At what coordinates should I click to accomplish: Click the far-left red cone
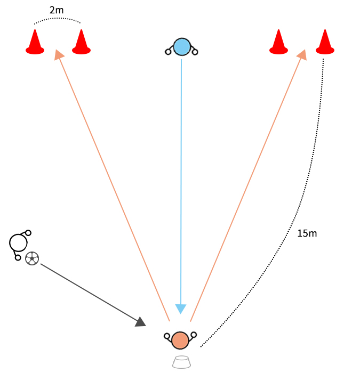click(x=35, y=43)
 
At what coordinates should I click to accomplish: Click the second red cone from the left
click(x=81, y=43)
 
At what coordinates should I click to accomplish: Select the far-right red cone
click(x=325, y=43)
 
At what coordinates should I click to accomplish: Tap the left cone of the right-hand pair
click(x=278, y=43)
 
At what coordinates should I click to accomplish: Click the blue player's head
click(x=182, y=47)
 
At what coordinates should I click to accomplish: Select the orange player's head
click(x=180, y=340)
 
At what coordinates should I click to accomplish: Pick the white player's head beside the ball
click(x=18, y=243)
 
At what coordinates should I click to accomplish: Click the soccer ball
click(x=32, y=258)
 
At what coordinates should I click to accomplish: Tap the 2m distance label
click(x=57, y=10)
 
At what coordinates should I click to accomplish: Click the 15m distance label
click(x=307, y=233)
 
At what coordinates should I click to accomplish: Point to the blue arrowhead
click(x=181, y=309)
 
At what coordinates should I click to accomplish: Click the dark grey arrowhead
click(x=141, y=321)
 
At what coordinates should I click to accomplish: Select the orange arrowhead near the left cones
click(x=59, y=54)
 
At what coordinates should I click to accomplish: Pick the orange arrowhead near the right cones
click(x=302, y=54)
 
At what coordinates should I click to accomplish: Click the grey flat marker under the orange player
click(x=181, y=362)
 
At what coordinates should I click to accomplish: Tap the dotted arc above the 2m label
click(x=58, y=19)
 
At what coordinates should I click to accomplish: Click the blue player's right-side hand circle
click(x=195, y=52)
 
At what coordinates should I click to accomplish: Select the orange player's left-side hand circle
click(x=167, y=336)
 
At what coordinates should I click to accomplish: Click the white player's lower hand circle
click(x=18, y=257)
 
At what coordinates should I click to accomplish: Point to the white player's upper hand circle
click(x=28, y=233)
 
